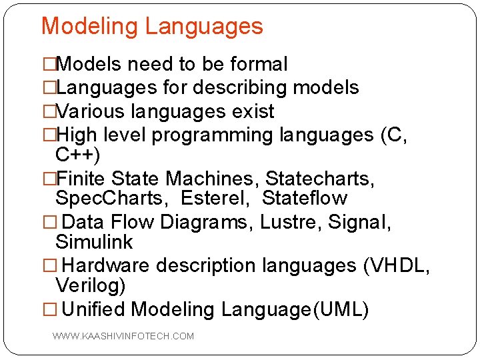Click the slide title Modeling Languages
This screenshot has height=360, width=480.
(152, 27)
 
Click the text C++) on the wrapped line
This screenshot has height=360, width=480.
(78, 155)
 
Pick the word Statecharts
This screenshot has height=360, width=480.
(319, 179)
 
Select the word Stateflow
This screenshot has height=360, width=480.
(305, 199)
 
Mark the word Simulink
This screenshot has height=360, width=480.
(94, 242)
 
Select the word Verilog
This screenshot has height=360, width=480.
(89, 286)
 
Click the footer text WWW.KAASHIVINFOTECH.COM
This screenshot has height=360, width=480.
(123, 336)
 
